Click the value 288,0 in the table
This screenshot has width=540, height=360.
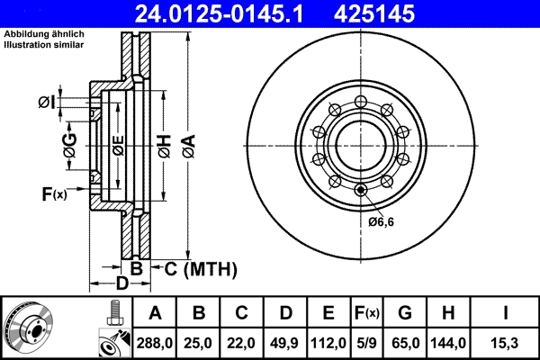pyautogui.click(x=155, y=343)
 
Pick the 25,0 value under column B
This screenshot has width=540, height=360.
pyautogui.click(x=199, y=343)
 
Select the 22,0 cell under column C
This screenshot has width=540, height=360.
pyautogui.click(x=242, y=343)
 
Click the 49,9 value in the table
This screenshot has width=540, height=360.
pyautogui.click(x=285, y=343)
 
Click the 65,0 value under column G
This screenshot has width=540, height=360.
pyautogui.click(x=406, y=343)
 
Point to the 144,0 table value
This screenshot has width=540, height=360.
pyautogui.click(x=447, y=343)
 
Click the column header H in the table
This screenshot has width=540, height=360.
pyautogui.click(x=447, y=313)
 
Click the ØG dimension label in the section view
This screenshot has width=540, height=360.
pyautogui.click(x=69, y=142)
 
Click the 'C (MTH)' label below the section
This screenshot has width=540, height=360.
pyautogui.click(x=200, y=268)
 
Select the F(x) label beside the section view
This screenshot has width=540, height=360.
pyautogui.click(x=54, y=193)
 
